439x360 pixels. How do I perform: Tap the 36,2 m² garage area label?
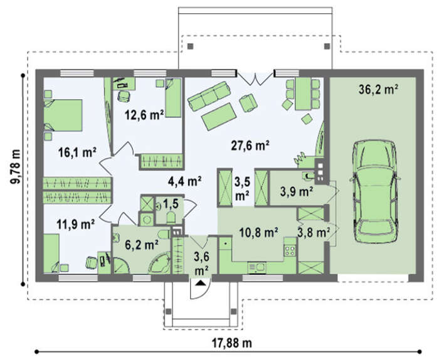click(x=378, y=89)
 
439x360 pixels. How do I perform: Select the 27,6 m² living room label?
click(x=250, y=146)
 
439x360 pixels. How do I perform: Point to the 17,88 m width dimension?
click(x=231, y=342)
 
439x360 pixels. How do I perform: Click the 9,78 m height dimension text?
click(x=16, y=167)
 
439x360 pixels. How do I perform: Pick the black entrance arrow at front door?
click(x=200, y=283)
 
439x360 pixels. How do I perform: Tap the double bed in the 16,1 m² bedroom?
click(x=63, y=115)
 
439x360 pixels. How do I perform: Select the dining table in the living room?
click(x=303, y=93)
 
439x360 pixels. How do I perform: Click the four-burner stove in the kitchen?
click(x=290, y=250)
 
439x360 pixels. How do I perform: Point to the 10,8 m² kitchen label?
click(x=258, y=232)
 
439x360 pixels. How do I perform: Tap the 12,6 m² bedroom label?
click(x=144, y=115)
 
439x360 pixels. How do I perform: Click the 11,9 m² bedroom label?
click(x=76, y=224)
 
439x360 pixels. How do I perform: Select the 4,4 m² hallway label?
click(x=185, y=181)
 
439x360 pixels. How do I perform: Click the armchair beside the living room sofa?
click(x=248, y=103)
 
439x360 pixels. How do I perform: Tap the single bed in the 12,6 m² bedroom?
click(x=174, y=97)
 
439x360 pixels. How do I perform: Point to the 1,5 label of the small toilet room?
click(x=171, y=203)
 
